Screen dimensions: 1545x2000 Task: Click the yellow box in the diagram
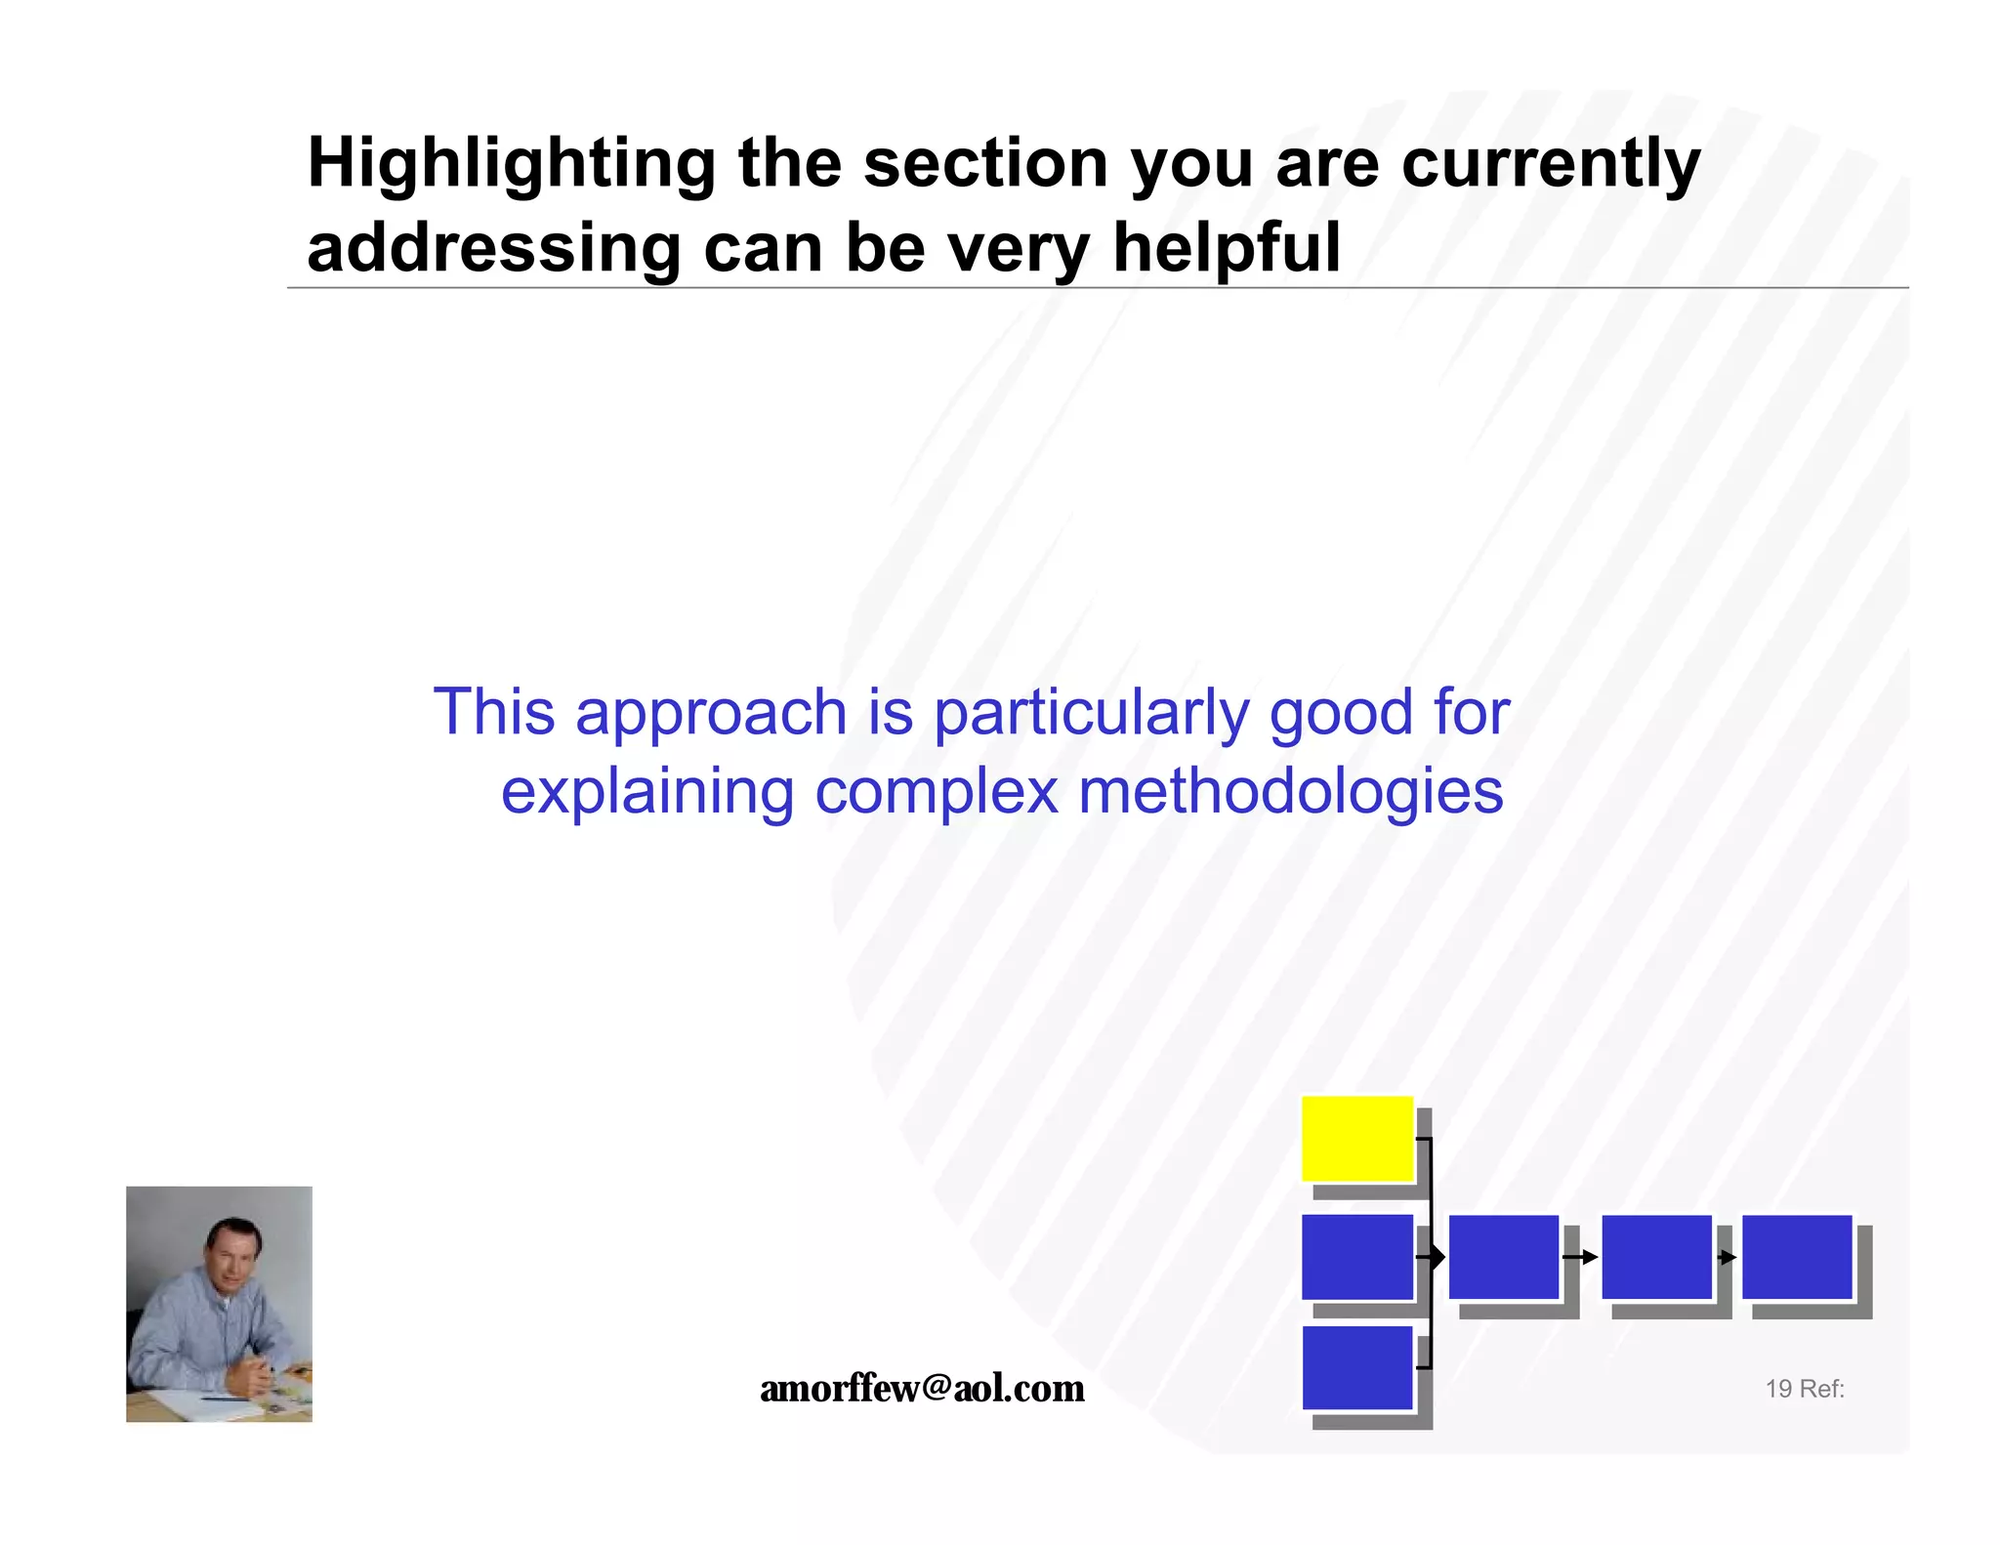click(1357, 1139)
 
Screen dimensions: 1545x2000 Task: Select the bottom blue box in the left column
click(1357, 1367)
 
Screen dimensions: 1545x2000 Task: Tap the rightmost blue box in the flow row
click(1797, 1257)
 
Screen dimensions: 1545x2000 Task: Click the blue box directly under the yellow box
click(1357, 1257)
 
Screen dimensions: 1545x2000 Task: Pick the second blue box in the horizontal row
click(1504, 1257)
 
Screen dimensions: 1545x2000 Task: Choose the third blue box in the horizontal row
click(1657, 1257)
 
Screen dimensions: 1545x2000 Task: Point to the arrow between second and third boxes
click(1580, 1257)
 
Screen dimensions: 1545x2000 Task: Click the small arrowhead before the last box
click(1728, 1257)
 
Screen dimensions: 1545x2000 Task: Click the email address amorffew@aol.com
click(922, 1388)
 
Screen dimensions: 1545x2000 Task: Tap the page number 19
click(1778, 1389)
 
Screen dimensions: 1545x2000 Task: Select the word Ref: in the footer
click(1822, 1389)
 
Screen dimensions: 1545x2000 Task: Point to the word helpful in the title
click(1227, 248)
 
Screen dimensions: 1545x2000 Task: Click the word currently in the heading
click(1551, 164)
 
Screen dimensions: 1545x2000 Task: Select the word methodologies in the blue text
click(1290, 791)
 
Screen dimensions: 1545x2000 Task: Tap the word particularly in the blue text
click(1091, 713)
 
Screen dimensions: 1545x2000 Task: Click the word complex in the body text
click(937, 791)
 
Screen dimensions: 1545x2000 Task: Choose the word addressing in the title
click(493, 248)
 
